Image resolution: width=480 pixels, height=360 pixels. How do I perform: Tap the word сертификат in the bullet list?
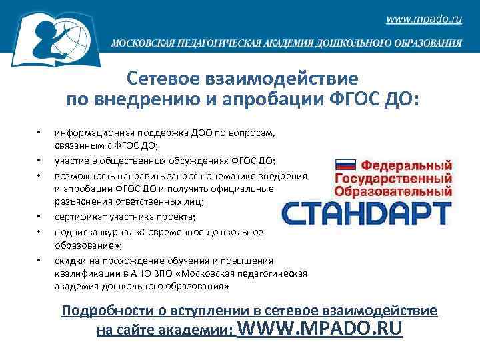77,217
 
